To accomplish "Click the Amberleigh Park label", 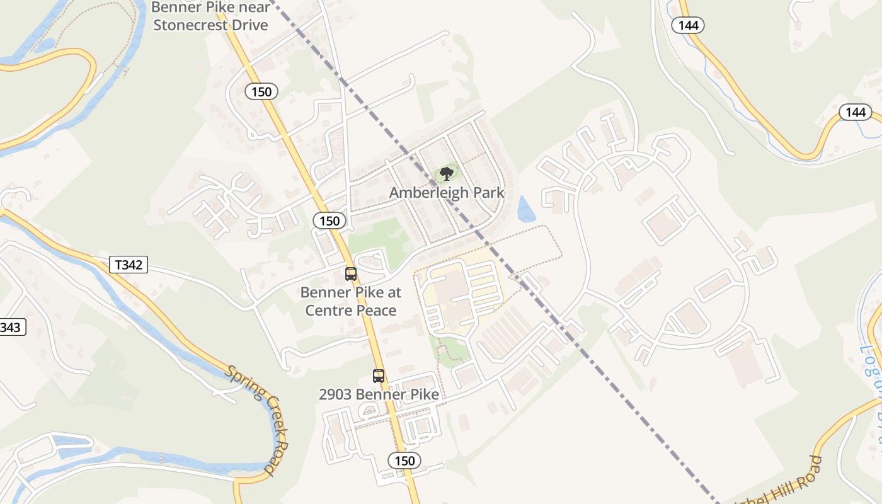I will click(447, 192).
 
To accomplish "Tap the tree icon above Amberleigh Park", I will click(447, 173).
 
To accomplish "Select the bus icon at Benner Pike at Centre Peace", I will click(351, 274).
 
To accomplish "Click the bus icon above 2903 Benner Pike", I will click(379, 376).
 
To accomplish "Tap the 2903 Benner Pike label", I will click(379, 394).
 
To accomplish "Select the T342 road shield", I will click(129, 265).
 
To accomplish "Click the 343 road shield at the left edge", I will click(11, 327).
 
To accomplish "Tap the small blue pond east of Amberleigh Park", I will click(525, 209).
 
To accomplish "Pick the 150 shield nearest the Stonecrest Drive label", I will click(261, 92).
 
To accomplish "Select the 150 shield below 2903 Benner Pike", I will click(404, 461).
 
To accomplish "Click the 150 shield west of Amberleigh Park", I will click(329, 220).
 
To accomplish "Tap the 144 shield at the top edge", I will click(687, 25).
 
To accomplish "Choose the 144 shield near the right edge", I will click(855, 112).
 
